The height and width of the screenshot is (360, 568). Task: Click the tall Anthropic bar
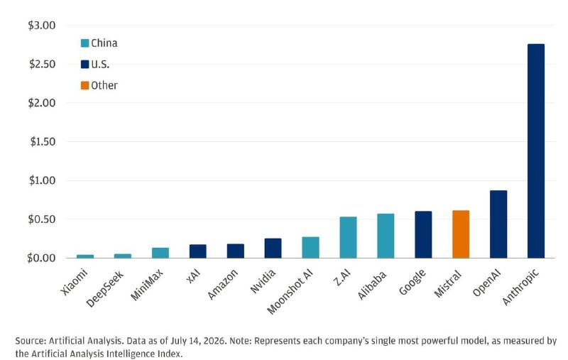point(536,151)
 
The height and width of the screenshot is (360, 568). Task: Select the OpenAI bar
point(498,224)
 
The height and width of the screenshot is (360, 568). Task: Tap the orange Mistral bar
point(461,234)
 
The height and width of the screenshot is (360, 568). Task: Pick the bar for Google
point(423,234)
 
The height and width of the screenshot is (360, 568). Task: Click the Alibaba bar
point(386,236)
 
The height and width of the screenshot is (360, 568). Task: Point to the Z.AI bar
point(348,237)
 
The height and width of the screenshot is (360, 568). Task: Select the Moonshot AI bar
point(310,247)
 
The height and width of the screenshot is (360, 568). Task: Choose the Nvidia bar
point(273,248)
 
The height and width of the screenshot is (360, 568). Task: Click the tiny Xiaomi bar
point(85,256)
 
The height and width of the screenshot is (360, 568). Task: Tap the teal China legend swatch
point(84,43)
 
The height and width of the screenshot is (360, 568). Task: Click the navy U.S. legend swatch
point(84,65)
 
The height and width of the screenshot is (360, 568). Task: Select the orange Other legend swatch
point(84,85)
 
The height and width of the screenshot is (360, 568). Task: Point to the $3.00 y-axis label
point(42,26)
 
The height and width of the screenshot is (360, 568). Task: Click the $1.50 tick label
point(43,141)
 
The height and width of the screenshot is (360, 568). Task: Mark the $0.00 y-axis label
point(41,258)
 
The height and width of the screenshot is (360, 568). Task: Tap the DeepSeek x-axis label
point(105,289)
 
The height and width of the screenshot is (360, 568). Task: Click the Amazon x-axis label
point(223,284)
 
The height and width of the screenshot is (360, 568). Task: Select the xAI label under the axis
point(193,277)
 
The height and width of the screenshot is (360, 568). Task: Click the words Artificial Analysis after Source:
point(85,341)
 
